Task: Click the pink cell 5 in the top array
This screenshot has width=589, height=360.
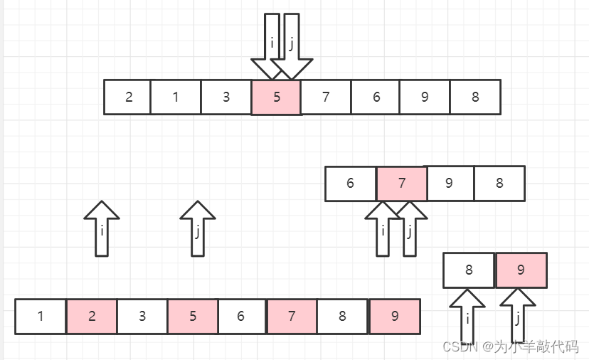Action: pos(277,97)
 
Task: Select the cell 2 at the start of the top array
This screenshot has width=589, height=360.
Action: pos(128,97)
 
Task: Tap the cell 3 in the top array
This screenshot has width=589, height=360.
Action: pos(226,97)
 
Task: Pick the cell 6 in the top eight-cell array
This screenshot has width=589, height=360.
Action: pos(376,97)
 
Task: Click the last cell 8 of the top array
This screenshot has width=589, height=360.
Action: pos(475,97)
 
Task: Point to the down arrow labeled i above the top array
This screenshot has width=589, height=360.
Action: pos(267,46)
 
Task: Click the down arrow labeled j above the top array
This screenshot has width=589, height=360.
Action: pos(292,46)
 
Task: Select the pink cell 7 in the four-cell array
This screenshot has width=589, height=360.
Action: pos(402,184)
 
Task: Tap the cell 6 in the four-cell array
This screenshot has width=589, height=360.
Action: pos(351,184)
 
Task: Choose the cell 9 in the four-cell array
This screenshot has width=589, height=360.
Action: pos(450,184)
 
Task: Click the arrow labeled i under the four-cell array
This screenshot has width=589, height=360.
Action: pos(383,229)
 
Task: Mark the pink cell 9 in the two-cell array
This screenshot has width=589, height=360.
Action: pos(521,270)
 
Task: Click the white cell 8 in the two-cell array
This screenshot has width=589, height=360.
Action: pos(469,270)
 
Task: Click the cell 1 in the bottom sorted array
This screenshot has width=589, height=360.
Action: pos(41,317)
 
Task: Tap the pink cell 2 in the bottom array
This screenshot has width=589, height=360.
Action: pos(92,317)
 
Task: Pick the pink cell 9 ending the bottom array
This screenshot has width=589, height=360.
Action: pos(395,317)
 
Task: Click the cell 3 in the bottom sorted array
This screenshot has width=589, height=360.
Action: pos(142,317)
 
